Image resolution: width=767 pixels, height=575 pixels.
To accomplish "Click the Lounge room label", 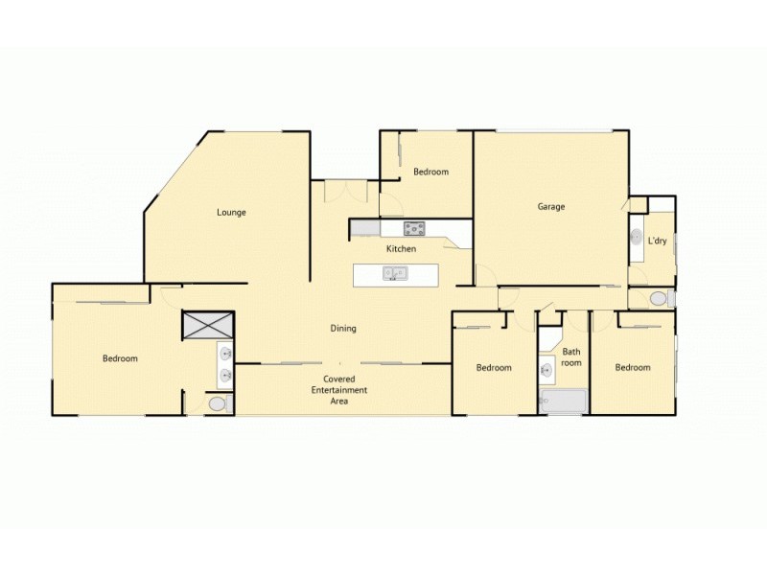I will (x=232, y=213).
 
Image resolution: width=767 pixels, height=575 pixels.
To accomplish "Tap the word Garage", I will (x=550, y=206).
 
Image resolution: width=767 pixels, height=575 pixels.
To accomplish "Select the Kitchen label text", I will (x=401, y=249).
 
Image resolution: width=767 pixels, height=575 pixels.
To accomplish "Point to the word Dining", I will (x=343, y=329).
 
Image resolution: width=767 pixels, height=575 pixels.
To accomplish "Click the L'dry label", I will (x=657, y=241).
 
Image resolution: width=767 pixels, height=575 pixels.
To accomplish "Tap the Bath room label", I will (x=571, y=357).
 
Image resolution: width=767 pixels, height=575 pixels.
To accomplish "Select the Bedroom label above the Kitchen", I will (x=430, y=172).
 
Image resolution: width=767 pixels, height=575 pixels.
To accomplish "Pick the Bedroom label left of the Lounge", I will (x=120, y=359).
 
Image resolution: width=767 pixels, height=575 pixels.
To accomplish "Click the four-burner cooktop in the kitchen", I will (x=414, y=228).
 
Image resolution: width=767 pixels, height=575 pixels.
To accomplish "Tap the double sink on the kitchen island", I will (x=394, y=274).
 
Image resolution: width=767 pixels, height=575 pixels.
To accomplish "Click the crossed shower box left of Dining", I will (x=207, y=326).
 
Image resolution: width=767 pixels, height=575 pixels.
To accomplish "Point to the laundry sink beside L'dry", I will (x=637, y=236).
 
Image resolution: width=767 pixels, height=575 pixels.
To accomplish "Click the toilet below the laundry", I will (x=659, y=299).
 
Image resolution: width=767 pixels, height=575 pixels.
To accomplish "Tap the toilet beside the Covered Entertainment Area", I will (x=218, y=404).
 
